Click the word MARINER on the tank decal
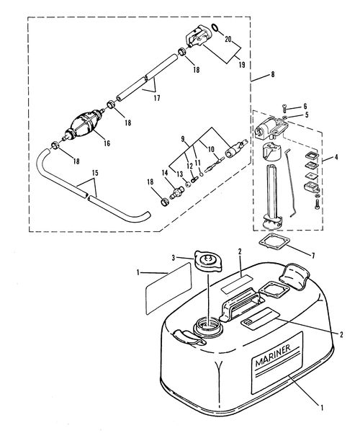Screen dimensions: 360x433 click(273, 355)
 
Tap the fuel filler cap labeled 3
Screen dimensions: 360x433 click(209, 262)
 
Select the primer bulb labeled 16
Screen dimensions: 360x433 click(84, 123)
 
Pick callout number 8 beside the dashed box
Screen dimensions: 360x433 click(273, 74)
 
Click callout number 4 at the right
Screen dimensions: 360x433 click(336, 157)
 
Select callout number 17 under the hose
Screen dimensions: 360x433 click(157, 98)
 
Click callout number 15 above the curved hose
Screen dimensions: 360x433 click(95, 173)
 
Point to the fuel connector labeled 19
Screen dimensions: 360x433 click(199, 37)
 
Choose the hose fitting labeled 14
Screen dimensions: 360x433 click(176, 192)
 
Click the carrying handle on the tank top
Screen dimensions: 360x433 click(240, 304)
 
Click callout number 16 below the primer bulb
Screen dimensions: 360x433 click(107, 143)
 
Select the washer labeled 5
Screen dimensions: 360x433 click(286, 117)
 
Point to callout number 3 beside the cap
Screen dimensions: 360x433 click(173, 258)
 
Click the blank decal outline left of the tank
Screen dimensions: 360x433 click(168, 288)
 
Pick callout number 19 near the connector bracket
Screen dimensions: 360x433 click(242, 65)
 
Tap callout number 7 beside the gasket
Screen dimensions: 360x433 click(313, 256)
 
